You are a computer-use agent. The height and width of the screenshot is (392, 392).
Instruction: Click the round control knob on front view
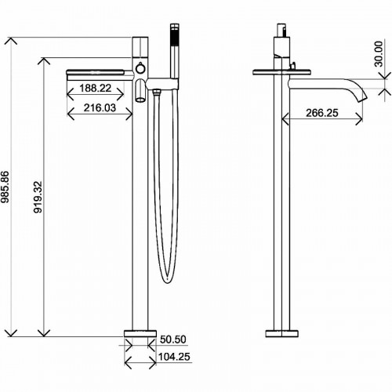point(140,70)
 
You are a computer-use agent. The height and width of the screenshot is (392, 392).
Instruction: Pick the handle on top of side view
point(281,35)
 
